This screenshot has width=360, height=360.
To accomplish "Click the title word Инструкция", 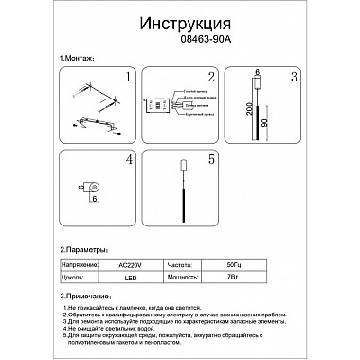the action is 180,22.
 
